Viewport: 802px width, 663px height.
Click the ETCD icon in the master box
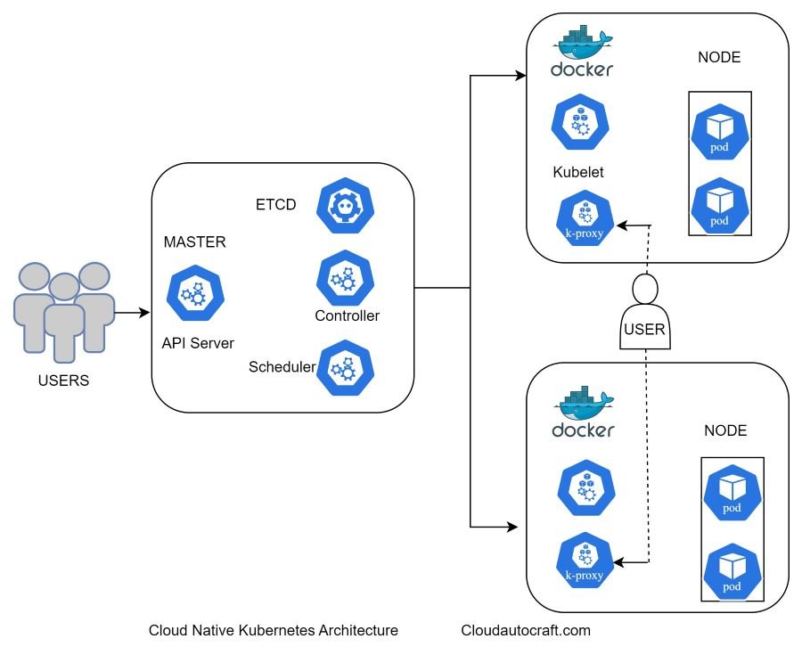(347, 206)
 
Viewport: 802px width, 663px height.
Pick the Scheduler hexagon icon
(346, 367)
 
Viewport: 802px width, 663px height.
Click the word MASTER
(195, 241)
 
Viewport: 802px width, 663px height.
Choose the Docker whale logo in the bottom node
(583, 414)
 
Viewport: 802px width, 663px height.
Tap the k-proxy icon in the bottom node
(584, 562)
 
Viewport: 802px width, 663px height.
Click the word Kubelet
(578, 173)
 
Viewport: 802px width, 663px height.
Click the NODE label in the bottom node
(725, 431)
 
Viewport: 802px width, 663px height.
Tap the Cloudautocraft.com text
(526, 631)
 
